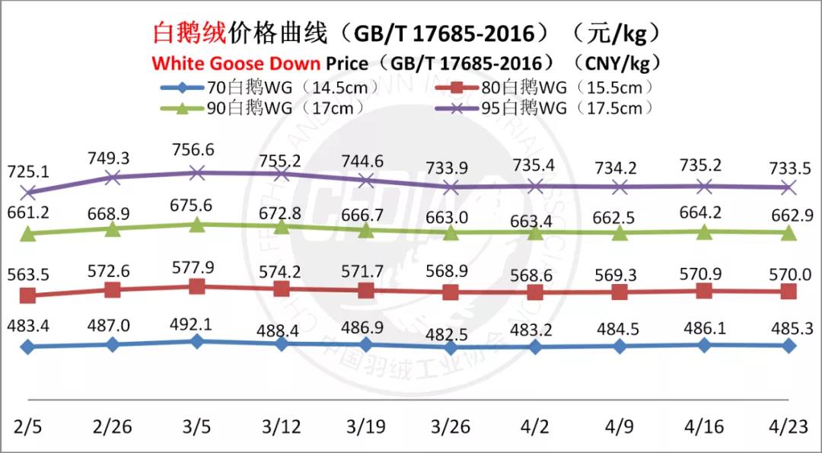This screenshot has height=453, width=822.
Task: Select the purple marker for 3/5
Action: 196,173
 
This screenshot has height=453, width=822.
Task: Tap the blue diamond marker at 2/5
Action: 28,347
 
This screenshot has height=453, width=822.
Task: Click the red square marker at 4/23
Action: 789,292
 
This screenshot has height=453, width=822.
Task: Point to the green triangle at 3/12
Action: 282,226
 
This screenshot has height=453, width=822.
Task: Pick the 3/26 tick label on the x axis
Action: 450,424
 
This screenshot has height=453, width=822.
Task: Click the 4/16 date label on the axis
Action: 704,424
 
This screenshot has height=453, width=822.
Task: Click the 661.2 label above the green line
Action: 28,212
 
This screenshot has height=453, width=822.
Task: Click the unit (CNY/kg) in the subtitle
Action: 618,62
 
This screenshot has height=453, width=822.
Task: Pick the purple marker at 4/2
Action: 535,186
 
